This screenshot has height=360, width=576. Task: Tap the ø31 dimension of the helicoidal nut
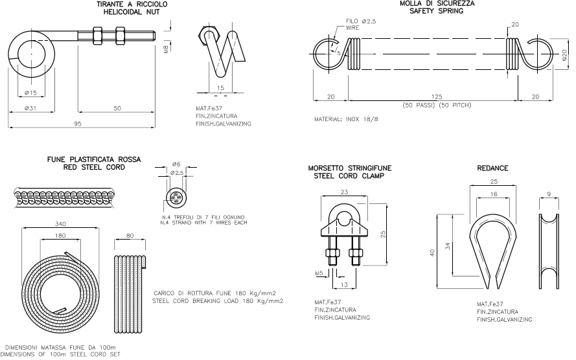(x=29, y=108)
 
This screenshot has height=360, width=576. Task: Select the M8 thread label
(x=166, y=47)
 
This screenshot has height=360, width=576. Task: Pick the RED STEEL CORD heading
(x=93, y=166)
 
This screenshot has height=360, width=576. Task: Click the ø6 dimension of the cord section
(x=176, y=164)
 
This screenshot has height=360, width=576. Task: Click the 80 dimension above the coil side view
(x=130, y=236)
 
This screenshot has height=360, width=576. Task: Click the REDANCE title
(x=492, y=168)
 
